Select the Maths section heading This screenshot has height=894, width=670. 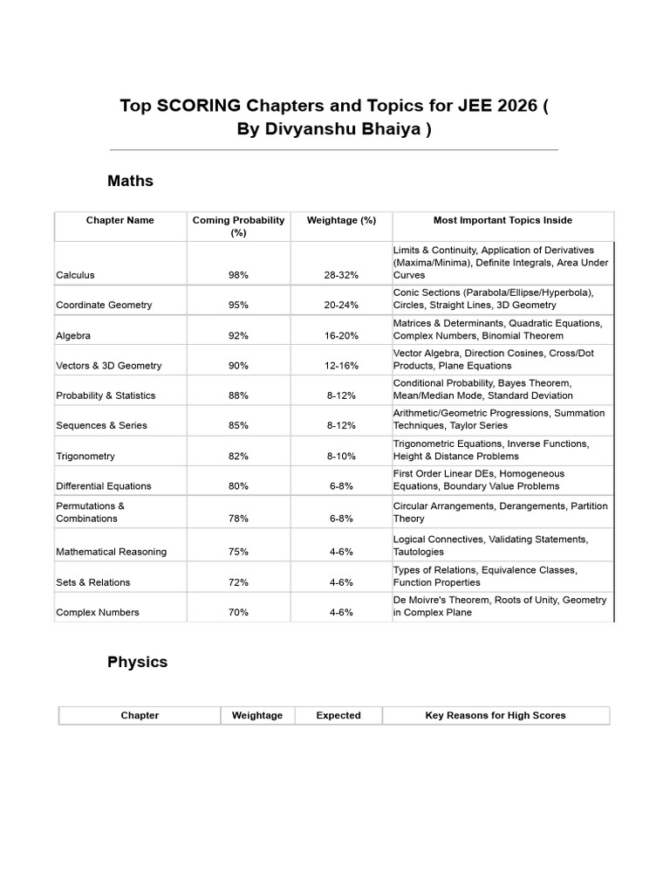pos(130,181)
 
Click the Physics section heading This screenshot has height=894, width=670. pos(137,662)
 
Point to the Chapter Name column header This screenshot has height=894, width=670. pos(120,220)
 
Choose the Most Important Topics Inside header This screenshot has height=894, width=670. pos(502,220)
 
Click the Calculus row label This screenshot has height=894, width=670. pos(75,275)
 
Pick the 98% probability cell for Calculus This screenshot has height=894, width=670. pos(238,275)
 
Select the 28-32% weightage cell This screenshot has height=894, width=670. pos(341,275)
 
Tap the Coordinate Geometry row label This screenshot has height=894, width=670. pos(104,305)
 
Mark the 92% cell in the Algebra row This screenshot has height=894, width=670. pos(238,335)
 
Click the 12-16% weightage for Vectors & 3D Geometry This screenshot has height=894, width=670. pos(341,366)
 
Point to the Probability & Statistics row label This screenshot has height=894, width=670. pos(106,395)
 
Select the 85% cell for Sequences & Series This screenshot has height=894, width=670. pos(238,426)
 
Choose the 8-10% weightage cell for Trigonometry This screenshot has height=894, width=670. pos(341,457)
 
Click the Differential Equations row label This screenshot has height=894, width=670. pos(103,486)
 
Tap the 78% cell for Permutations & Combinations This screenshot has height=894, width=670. pos(238,519)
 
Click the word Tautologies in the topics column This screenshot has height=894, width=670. pos(418,552)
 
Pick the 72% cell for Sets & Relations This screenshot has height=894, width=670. pos(238,582)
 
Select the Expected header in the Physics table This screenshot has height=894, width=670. pos(338,715)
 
